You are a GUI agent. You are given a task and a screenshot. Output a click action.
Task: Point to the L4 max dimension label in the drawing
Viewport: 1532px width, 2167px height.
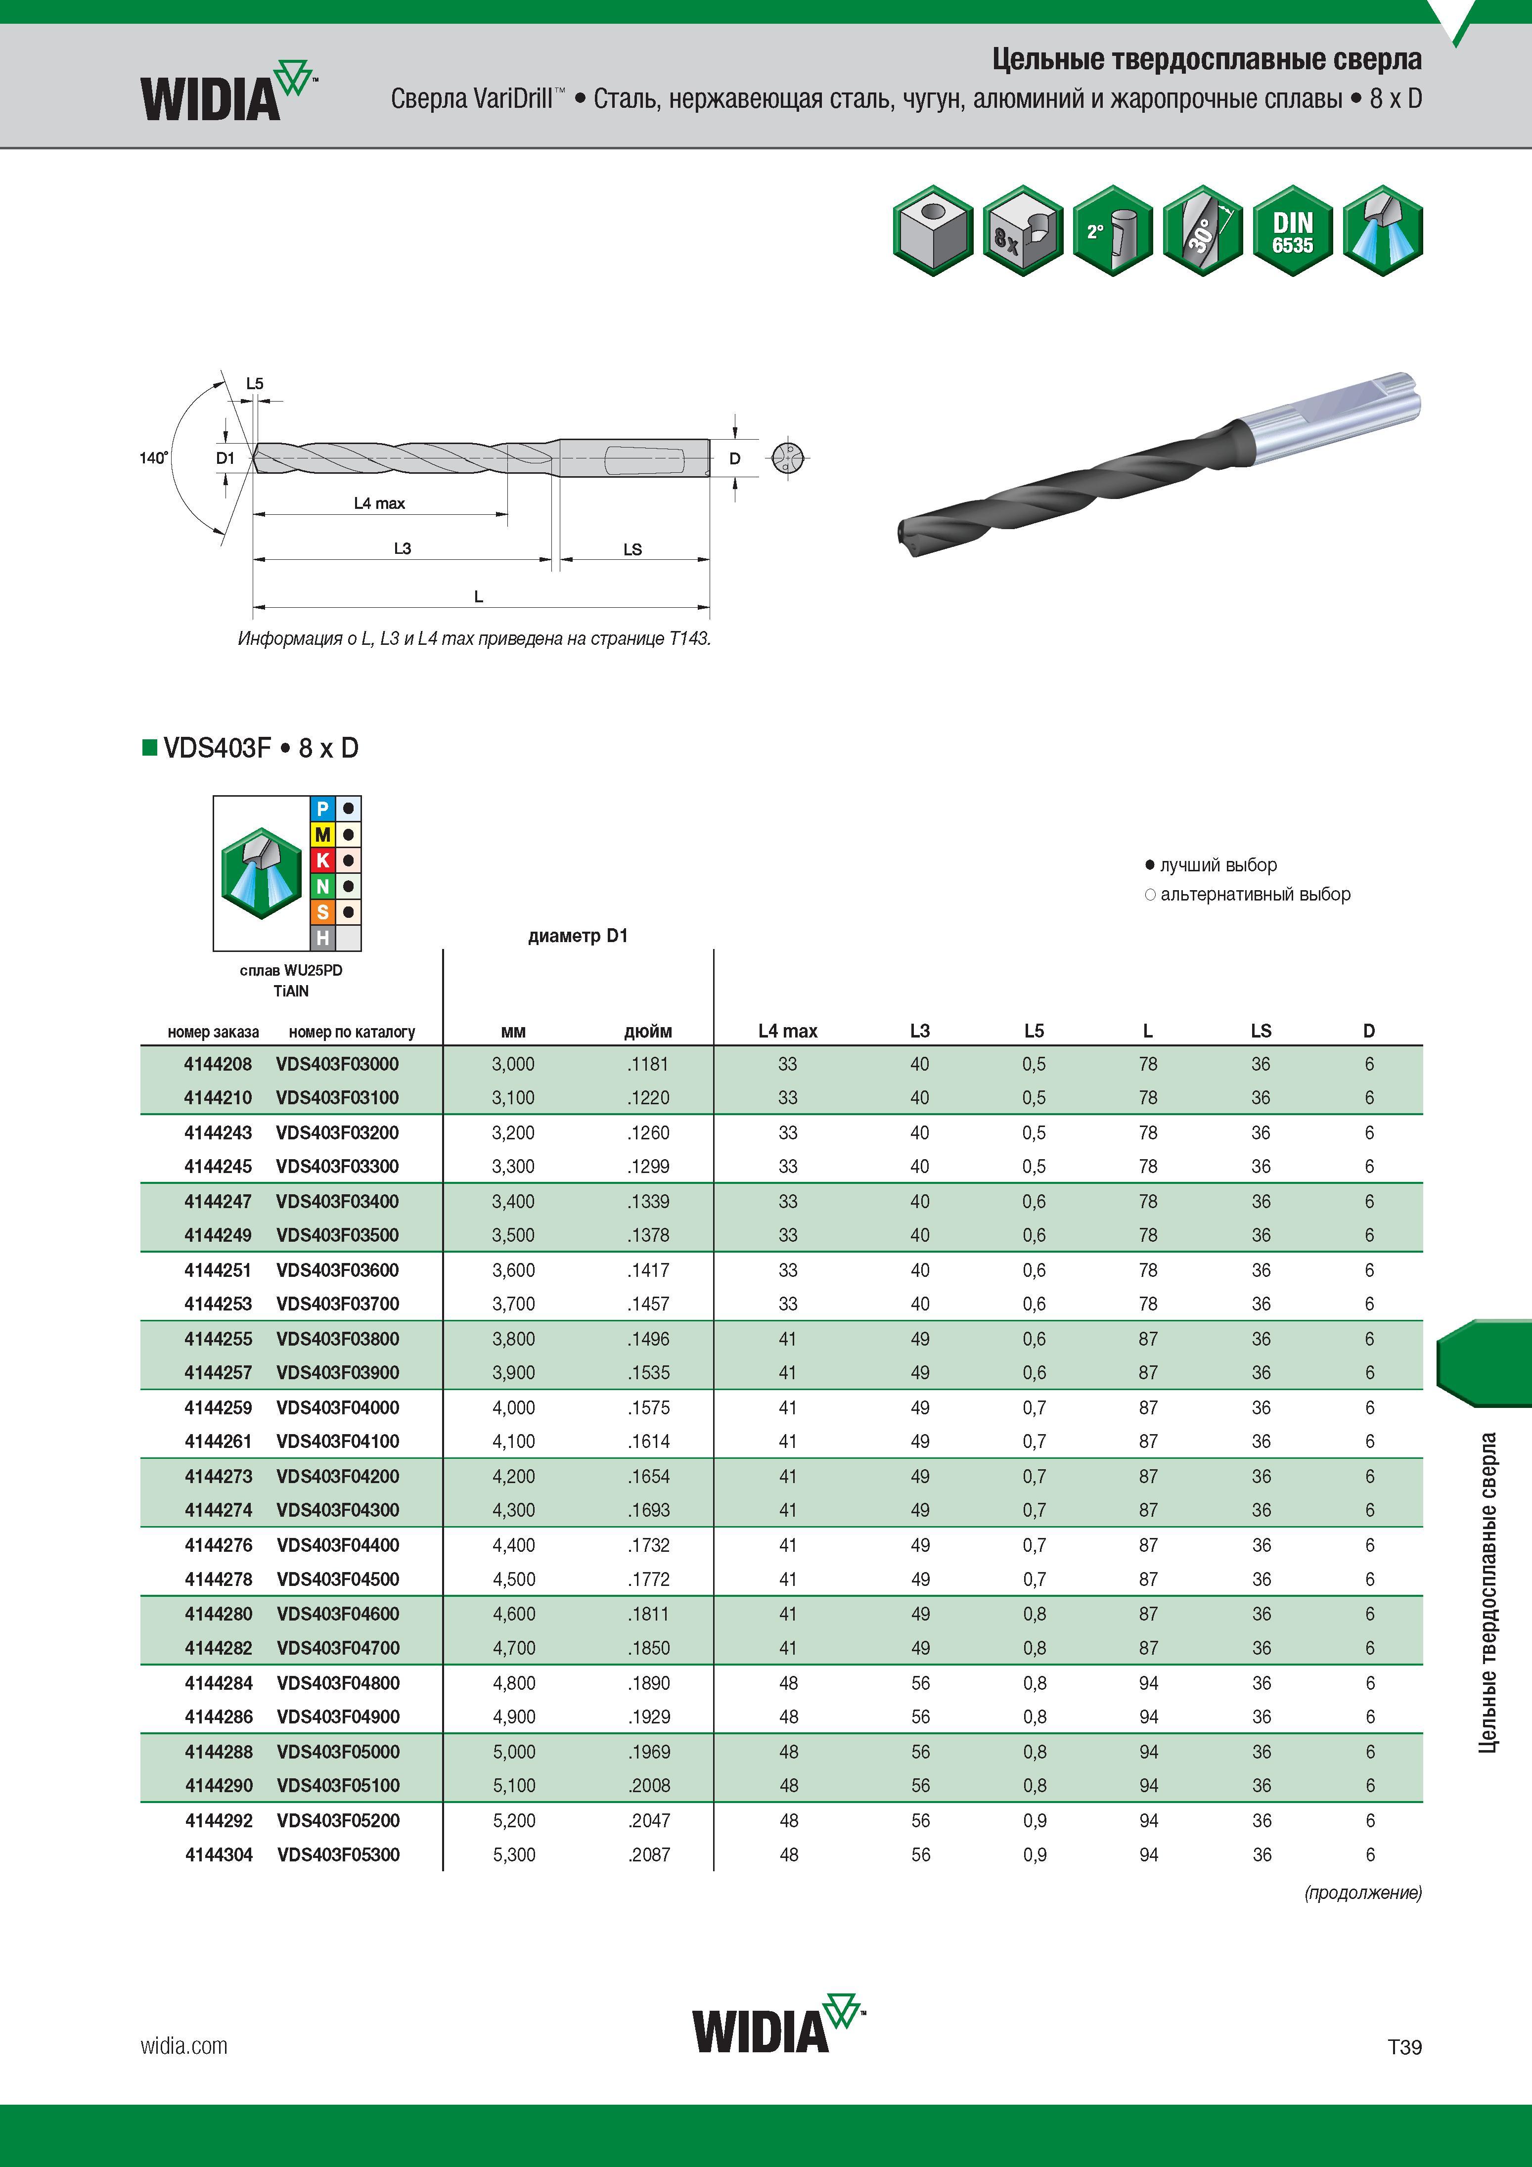379,503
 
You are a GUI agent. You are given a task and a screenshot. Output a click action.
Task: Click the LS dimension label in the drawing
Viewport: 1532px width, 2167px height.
632,549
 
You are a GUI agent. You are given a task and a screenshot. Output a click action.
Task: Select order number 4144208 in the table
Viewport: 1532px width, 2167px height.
218,1064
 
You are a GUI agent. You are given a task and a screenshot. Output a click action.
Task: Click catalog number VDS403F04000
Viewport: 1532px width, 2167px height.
338,1407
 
